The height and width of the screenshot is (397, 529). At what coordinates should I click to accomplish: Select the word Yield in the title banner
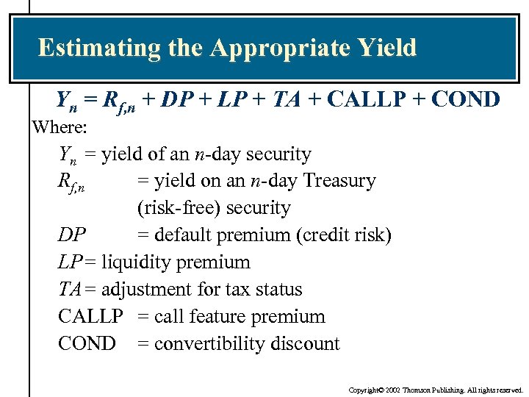pos(387,49)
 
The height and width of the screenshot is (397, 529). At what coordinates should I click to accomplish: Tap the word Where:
pos(60,127)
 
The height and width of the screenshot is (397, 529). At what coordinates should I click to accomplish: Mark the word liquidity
pos(132,262)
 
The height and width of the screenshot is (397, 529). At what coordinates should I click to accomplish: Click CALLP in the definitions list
pos(90,317)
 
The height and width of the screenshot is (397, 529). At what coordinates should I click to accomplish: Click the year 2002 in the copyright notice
pos(392,390)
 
